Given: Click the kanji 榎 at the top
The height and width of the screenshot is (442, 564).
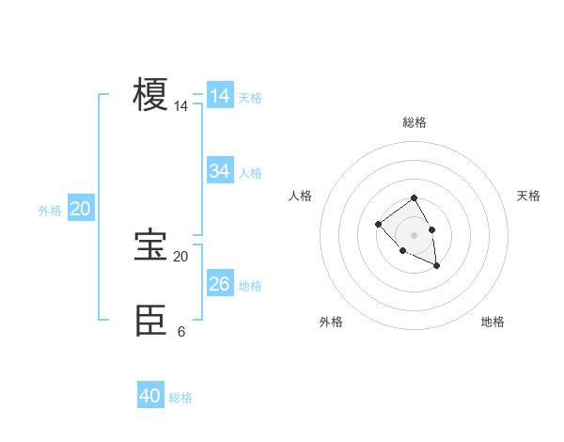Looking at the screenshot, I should pyautogui.click(x=151, y=96).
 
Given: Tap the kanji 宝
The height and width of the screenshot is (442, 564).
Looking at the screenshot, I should pyautogui.click(x=151, y=245).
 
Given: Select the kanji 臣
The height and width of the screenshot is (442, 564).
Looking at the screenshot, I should pyautogui.click(x=151, y=321).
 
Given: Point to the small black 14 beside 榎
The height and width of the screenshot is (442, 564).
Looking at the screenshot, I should pyautogui.click(x=180, y=107).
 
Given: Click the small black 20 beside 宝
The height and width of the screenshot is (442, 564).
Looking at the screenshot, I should pyautogui.click(x=180, y=257).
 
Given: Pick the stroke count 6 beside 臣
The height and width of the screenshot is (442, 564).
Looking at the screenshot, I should pyautogui.click(x=180, y=332).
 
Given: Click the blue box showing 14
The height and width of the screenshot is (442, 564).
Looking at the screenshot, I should pyautogui.click(x=220, y=96).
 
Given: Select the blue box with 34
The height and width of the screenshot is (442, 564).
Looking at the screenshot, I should pyautogui.click(x=220, y=171).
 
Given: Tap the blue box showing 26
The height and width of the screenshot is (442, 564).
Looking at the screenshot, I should pyautogui.click(x=220, y=283).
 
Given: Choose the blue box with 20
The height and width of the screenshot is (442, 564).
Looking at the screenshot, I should pyautogui.click(x=80, y=209).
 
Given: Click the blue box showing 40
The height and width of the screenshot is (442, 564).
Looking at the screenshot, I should pyautogui.click(x=150, y=396).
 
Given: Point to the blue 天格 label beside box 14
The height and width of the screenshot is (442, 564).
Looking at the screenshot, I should pyautogui.click(x=250, y=98).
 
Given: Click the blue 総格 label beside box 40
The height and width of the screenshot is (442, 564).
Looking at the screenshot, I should pyautogui.click(x=180, y=398).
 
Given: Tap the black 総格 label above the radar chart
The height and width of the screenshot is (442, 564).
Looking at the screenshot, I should pyautogui.click(x=415, y=122).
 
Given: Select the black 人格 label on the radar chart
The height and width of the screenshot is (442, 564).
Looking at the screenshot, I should pyautogui.click(x=301, y=196).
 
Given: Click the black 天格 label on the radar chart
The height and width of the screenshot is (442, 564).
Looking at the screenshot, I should pyautogui.click(x=528, y=196).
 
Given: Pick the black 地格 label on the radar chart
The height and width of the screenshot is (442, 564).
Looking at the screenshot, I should pyautogui.click(x=493, y=322).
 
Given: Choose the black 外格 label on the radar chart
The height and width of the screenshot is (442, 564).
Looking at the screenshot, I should pyautogui.click(x=331, y=322).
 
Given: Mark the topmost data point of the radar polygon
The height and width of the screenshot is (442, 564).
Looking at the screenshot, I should pyautogui.click(x=415, y=199).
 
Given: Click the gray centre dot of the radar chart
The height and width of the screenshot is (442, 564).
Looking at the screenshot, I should pyautogui.click(x=415, y=235).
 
